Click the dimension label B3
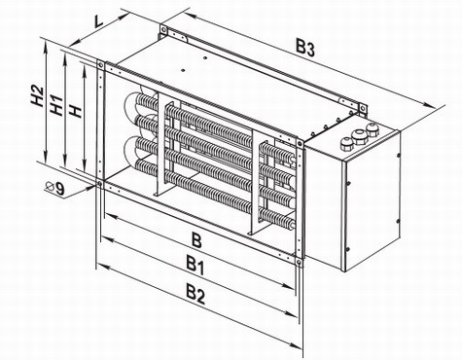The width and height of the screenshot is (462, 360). pyautogui.click(x=305, y=49)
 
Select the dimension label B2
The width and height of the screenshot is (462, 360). pyautogui.click(x=195, y=294)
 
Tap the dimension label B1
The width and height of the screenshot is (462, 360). pyautogui.click(x=195, y=266)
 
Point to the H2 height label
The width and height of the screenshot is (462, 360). pyautogui.click(x=38, y=96)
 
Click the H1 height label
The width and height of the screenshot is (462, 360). pyautogui.click(x=56, y=106)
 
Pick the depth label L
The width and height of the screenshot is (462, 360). pyautogui.click(x=98, y=21)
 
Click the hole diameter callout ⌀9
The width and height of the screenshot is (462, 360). pyautogui.click(x=55, y=188)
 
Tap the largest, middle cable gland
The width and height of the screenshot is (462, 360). pyautogui.click(x=359, y=136)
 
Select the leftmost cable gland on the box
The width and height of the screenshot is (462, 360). pyautogui.click(x=346, y=143)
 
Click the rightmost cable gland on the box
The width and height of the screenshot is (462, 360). pyautogui.click(x=372, y=128)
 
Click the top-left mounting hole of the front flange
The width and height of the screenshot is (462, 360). pyautogui.click(x=101, y=65)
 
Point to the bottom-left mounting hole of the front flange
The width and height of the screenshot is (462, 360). pyautogui.click(x=100, y=185)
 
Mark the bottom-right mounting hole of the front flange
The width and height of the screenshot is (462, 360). pyautogui.click(x=299, y=262)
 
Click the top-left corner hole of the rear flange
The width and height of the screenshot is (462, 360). pyautogui.click(x=164, y=29)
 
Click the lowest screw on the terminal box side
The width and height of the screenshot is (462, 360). pyautogui.click(x=348, y=249)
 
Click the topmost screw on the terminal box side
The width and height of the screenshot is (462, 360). pyautogui.click(x=398, y=156)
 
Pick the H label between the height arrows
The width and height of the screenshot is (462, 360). pyautogui.click(x=76, y=112)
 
